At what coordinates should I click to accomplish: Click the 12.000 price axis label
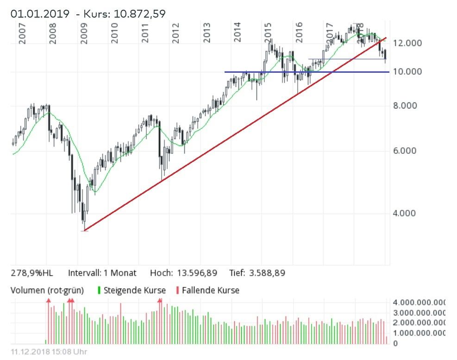pyautogui.click(x=407, y=43)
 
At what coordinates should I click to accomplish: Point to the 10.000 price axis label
pyautogui.click(x=407, y=72)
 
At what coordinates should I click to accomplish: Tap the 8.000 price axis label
pyautogui.click(x=405, y=106)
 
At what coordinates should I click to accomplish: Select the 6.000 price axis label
pyautogui.click(x=405, y=151)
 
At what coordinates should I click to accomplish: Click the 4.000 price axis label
pyautogui.click(x=405, y=214)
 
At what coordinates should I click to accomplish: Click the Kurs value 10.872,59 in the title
pyautogui.click(x=138, y=14)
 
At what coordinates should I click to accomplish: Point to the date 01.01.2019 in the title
pyautogui.click(x=41, y=14)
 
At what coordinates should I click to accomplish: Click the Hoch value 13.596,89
pyautogui.click(x=200, y=273)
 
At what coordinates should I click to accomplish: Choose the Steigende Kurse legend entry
pyautogui.click(x=134, y=291)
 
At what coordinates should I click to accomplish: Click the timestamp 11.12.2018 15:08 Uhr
pyautogui.click(x=49, y=352)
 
